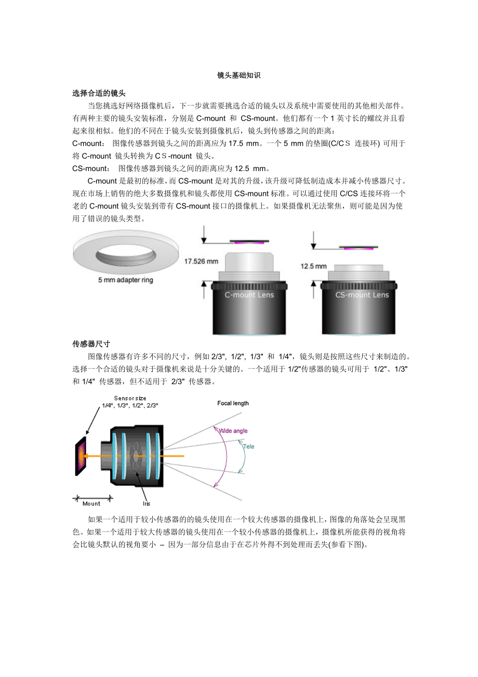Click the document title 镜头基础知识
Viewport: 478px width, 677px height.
click(x=239, y=75)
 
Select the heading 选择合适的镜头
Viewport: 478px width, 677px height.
click(x=99, y=94)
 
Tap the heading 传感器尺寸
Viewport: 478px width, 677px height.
click(x=91, y=344)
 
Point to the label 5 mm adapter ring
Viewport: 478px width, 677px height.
click(x=126, y=280)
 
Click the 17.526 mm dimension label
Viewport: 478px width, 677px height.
click(x=201, y=262)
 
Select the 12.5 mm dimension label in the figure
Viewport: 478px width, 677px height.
click(x=313, y=266)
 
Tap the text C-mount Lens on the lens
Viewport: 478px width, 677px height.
click(x=249, y=295)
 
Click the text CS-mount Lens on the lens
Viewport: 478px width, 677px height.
click(x=362, y=295)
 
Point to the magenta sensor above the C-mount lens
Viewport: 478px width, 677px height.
click(x=249, y=243)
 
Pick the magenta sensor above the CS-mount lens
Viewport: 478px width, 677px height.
click(x=358, y=249)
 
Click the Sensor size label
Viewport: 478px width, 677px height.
click(x=130, y=399)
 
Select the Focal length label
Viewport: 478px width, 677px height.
click(x=233, y=403)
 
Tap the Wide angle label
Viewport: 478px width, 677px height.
click(x=233, y=431)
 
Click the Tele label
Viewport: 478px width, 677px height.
click(x=248, y=447)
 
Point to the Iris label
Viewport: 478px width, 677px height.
click(x=147, y=504)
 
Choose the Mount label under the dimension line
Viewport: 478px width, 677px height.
click(x=91, y=504)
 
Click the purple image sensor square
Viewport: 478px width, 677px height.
click(x=81, y=456)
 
